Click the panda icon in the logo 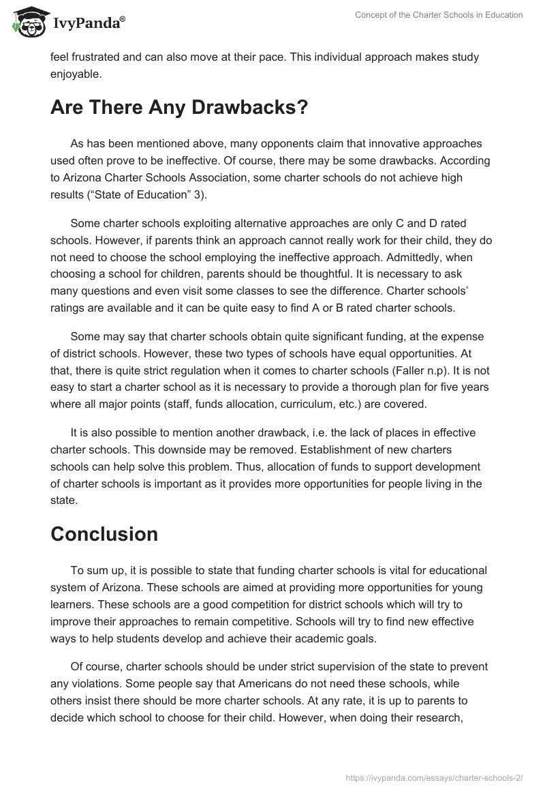25,23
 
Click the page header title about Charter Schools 439,15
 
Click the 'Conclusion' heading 104,534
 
